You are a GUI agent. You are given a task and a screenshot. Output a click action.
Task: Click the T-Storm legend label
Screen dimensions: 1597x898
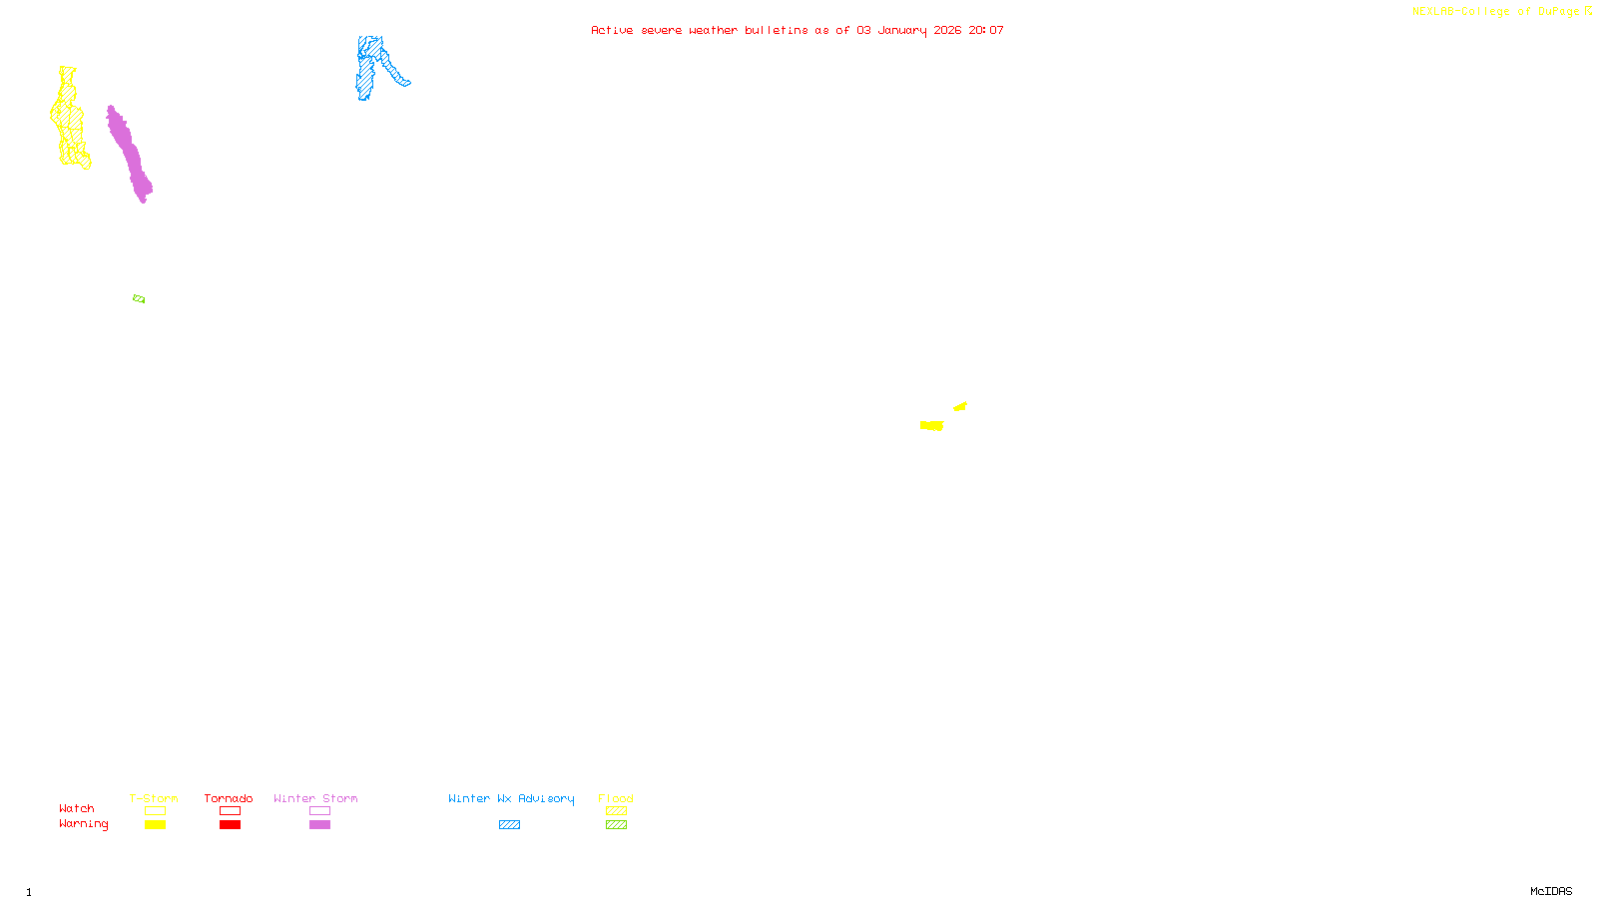point(154,798)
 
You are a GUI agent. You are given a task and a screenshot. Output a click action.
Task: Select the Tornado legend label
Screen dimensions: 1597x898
point(229,798)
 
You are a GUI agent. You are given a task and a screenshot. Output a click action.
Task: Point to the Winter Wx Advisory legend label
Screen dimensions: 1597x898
point(511,798)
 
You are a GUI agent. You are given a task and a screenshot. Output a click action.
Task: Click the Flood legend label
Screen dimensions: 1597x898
point(616,798)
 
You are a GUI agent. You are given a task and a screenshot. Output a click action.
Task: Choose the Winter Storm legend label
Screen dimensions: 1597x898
point(315,798)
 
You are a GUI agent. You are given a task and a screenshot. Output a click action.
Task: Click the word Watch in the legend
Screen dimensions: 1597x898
point(77,808)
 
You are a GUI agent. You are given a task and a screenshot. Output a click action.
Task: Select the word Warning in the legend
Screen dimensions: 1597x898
point(83,824)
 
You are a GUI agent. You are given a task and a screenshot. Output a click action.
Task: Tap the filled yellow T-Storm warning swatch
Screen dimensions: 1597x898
point(155,825)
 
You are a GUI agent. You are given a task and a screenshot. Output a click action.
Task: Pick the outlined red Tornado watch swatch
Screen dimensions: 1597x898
point(230,811)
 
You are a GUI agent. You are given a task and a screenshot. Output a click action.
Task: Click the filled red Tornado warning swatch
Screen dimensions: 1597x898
point(230,825)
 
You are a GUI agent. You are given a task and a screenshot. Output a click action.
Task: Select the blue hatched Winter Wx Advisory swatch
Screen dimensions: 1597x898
point(509,825)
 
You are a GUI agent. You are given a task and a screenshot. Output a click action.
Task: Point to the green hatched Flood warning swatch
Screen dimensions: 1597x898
point(616,825)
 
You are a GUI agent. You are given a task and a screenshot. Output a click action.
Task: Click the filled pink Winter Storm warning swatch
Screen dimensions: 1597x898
point(319,825)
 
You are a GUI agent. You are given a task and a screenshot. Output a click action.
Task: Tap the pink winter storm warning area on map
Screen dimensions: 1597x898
point(130,155)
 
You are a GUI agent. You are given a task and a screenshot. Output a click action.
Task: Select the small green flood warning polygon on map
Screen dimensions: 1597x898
point(139,298)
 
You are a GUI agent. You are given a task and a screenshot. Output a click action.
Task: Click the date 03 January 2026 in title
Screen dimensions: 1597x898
point(908,30)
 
